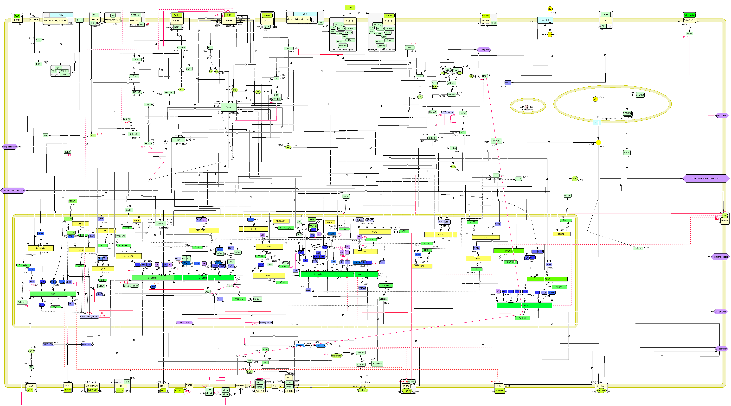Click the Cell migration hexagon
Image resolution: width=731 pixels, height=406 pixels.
coord(484,50)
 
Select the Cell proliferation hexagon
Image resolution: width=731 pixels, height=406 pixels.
coord(10,147)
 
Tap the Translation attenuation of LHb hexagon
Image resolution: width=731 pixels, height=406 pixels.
coord(705,178)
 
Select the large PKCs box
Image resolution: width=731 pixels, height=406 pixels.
coord(228,107)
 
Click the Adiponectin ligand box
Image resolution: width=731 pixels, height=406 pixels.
coord(689,15)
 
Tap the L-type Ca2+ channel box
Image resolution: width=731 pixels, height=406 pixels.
coord(545,20)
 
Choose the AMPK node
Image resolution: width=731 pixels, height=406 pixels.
coord(689,34)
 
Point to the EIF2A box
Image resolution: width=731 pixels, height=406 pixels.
coord(627,153)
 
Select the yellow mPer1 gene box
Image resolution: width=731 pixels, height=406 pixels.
coord(269,275)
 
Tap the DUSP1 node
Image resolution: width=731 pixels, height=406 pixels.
coord(127,119)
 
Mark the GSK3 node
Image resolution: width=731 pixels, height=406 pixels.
coord(67,152)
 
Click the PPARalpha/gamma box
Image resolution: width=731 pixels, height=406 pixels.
coord(89,317)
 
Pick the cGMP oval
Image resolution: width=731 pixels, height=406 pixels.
coord(31,351)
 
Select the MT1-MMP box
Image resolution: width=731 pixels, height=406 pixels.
coord(34,20)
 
